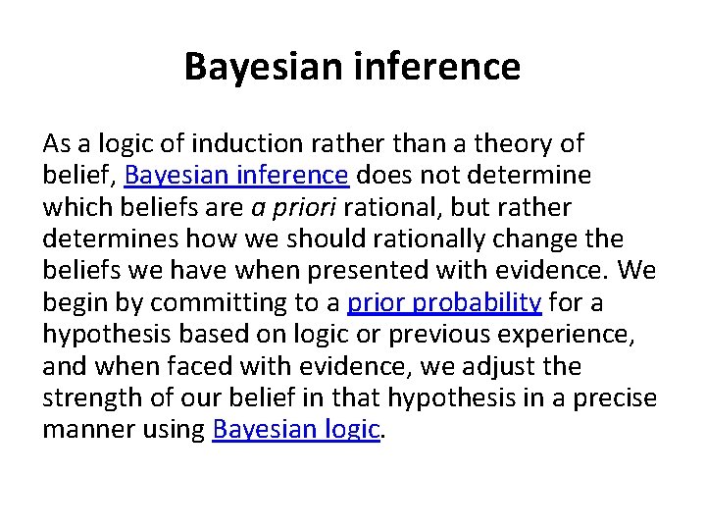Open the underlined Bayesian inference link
tap(237, 176)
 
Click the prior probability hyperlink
tap(444, 302)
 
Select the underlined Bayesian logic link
tap(295, 429)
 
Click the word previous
tap(437, 335)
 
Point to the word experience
tap(570, 335)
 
